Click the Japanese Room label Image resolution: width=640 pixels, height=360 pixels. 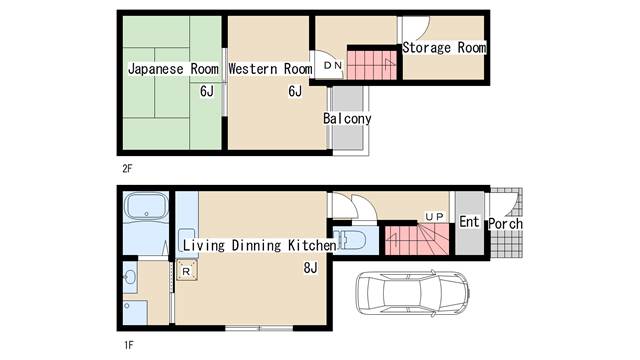(x=173, y=69)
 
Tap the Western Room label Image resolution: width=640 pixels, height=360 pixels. (x=270, y=69)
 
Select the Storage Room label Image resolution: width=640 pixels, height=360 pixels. (x=444, y=47)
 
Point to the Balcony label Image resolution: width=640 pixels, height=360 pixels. (x=347, y=118)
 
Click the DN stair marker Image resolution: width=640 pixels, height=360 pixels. (x=333, y=65)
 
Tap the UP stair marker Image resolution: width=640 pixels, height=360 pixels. (x=434, y=217)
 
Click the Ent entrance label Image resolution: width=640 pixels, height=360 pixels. (x=469, y=222)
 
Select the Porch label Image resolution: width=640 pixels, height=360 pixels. (x=505, y=224)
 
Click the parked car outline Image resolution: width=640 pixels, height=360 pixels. (x=412, y=293)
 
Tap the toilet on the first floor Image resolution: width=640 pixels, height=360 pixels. (x=350, y=239)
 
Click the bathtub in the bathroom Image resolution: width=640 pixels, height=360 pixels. (x=146, y=207)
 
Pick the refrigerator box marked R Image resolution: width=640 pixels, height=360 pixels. (x=187, y=271)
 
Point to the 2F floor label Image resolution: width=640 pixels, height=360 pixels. (x=127, y=169)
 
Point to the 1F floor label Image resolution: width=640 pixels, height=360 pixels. (x=129, y=345)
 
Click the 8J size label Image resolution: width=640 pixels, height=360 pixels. (x=310, y=268)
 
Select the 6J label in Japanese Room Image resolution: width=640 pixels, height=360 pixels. (x=207, y=91)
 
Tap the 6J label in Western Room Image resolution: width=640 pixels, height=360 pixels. (x=295, y=91)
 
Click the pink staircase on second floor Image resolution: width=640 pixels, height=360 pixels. (x=371, y=65)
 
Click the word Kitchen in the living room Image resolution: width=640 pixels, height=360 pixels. (x=312, y=245)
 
